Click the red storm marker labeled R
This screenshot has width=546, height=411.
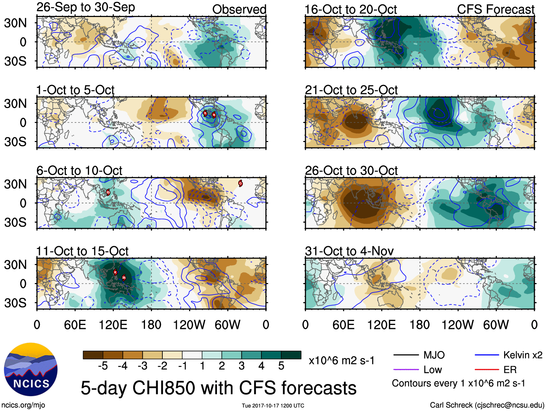pyautogui.click(x=205, y=113)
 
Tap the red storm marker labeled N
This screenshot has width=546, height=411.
pyautogui.click(x=214, y=115)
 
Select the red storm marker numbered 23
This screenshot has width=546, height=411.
pyautogui.click(x=108, y=192)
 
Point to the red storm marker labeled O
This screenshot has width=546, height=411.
pyautogui.click(x=240, y=183)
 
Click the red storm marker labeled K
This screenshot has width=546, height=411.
pyautogui.click(x=115, y=272)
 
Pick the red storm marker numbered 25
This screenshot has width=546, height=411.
pyautogui.click(x=124, y=278)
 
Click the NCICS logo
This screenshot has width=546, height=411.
pyautogui.click(x=31, y=369)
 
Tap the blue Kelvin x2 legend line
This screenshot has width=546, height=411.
pyautogui.click(x=487, y=355)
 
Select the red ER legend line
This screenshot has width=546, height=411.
pyautogui.click(x=487, y=369)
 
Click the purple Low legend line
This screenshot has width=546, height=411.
pyautogui.click(x=406, y=369)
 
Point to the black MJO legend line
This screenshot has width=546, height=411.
pyautogui.click(x=406, y=355)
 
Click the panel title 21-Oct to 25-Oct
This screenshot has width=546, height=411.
pyautogui.click(x=351, y=90)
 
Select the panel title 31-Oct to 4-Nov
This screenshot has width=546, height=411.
pyautogui.click(x=349, y=251)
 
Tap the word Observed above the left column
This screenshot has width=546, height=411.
pyautogui.click(x=239, y=9)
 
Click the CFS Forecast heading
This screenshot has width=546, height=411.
pyautogui.click(x=495, y=9)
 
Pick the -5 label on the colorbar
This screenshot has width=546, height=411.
pyautogui.click(x=103, y=366)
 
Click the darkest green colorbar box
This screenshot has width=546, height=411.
pyautogui.click(x=291, y=355)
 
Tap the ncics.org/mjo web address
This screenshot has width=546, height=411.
pyautogui.click(x=23, y=405)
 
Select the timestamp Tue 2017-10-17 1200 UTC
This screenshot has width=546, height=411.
pyautogui.click(x=273, y=406)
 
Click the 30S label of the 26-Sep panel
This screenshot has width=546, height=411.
pyautogui.click(x=15, y=61)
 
